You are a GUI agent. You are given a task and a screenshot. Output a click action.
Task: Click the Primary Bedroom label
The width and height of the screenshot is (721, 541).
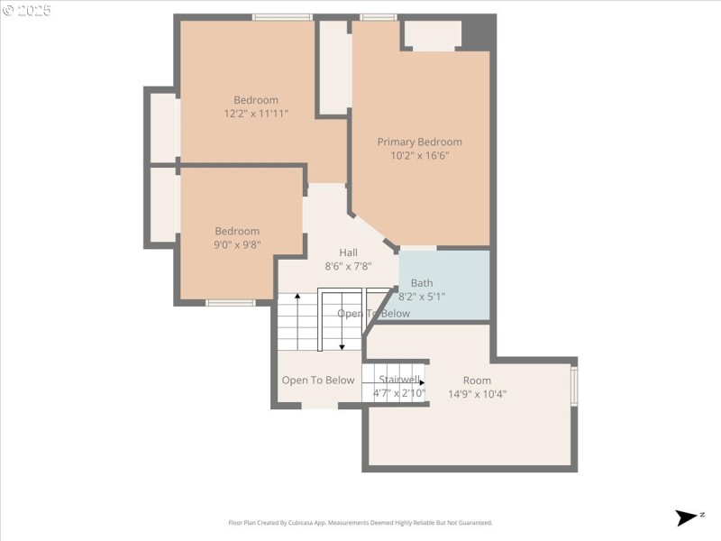click(x=419, y=142)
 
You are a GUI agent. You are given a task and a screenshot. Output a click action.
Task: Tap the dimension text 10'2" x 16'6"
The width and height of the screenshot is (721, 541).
click(x=419, y=155)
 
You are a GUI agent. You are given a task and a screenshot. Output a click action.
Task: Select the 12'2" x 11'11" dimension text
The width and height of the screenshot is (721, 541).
click(x=256, y=114)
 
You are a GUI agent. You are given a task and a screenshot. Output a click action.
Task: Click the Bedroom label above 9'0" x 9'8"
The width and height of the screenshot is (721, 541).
click(x=237, y=231)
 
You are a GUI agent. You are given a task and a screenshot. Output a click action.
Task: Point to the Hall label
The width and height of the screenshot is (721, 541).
click(x=348, y=252)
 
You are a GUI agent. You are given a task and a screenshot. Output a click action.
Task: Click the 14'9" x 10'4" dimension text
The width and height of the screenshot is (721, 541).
click(x=477, y=393)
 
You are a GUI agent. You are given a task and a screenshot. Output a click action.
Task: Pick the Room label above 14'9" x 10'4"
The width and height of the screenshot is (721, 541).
click(x=477, y=381)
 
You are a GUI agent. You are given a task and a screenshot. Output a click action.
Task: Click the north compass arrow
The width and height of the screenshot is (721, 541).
click(x=687, y=518)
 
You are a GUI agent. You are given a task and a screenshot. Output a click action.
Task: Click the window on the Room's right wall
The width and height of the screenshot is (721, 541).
click(x=574, y=384)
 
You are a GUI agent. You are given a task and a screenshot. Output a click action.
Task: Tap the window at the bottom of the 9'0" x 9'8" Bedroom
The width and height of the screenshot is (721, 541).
click(x=230, y=303)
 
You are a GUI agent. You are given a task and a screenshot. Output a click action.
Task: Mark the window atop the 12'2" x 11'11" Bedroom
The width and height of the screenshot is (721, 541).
click(x=281, y=17)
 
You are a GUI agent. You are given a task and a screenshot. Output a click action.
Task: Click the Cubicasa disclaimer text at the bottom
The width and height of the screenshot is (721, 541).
click(x=360, y=522)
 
